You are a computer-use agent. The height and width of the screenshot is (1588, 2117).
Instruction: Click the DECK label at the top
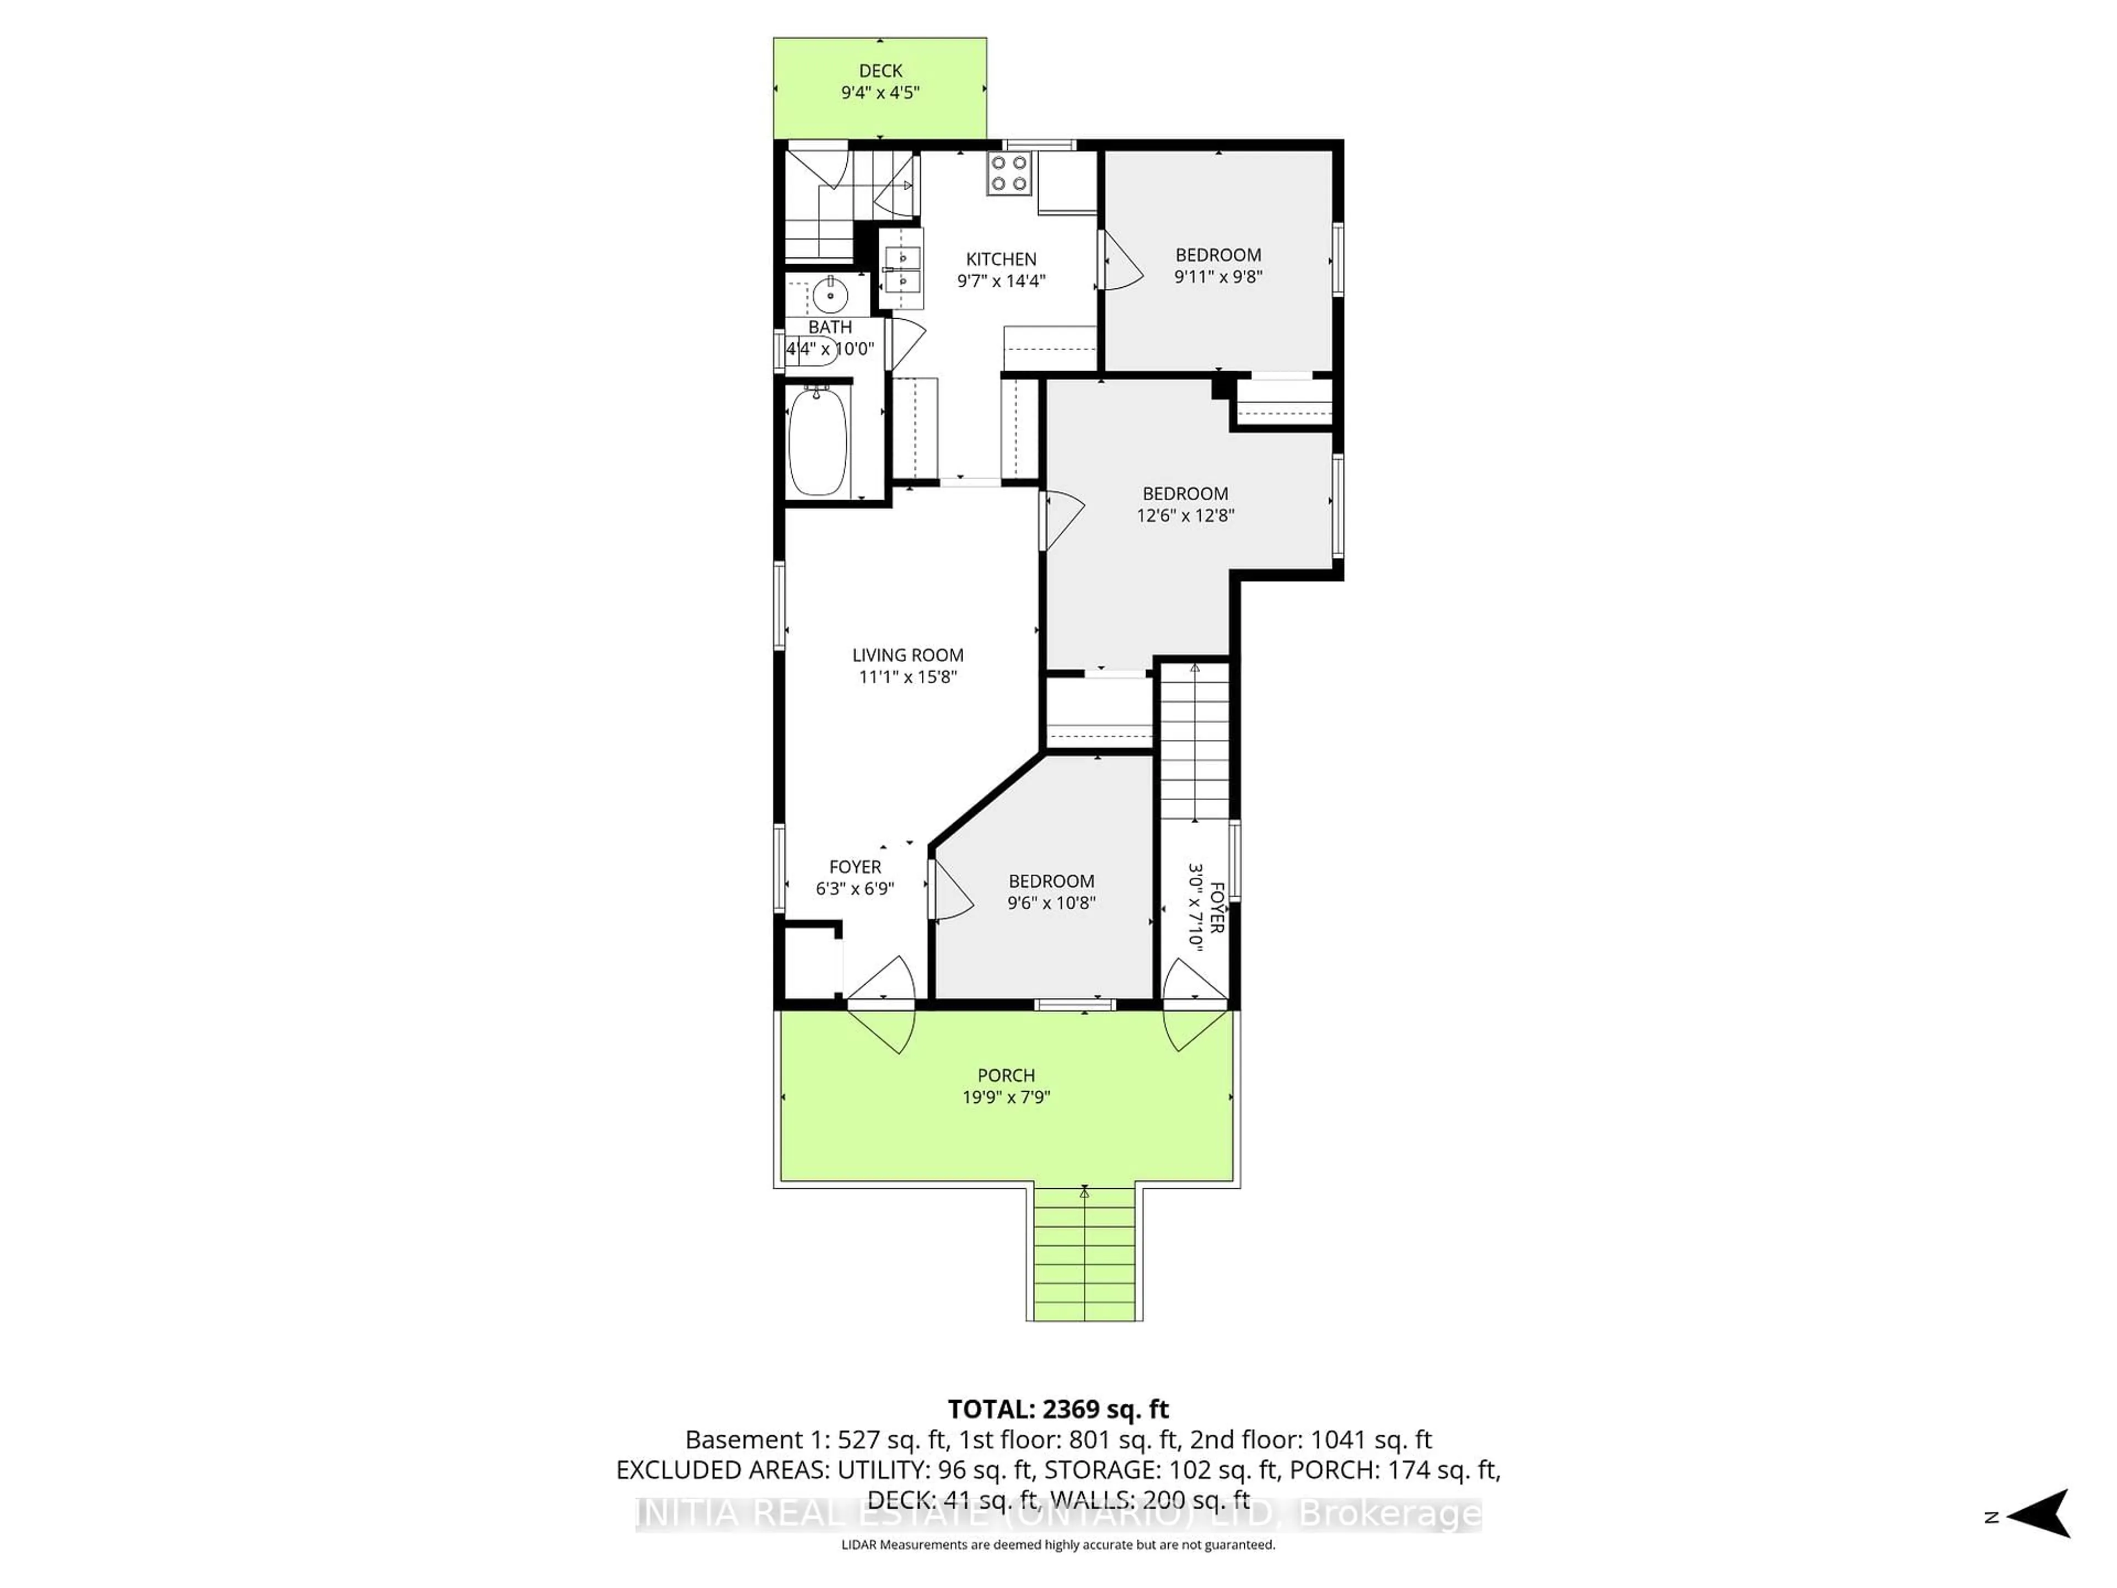879,71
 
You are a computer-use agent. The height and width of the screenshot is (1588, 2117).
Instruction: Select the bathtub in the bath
818,441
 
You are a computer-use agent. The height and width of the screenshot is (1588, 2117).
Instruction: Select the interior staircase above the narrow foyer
1195,742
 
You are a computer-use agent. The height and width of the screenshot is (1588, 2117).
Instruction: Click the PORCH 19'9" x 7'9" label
1006,1086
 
